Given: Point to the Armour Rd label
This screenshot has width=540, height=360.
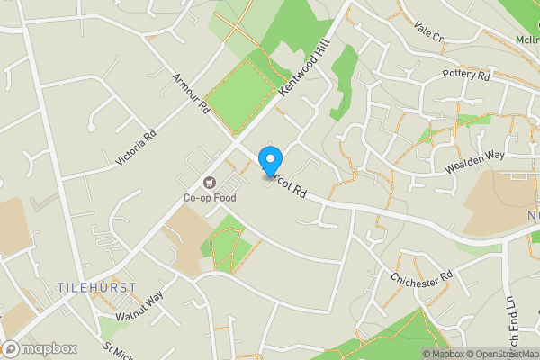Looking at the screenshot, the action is (x=192, y=94).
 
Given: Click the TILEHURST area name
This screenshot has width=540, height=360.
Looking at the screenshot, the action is (x=96, y=287).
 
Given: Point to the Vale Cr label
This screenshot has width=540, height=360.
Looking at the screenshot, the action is (x=429, y=33).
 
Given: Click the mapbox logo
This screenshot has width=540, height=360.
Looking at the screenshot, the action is (x=39, y=349).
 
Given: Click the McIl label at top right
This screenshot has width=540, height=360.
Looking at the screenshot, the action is (x=527, y=40).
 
